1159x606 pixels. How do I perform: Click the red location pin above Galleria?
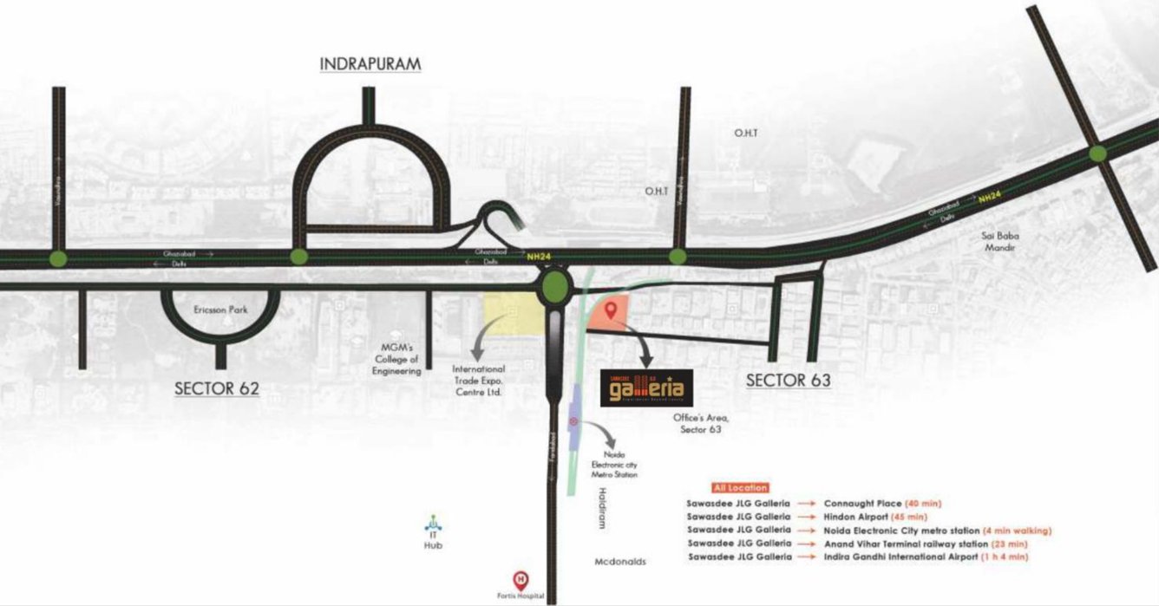[x=611, y=310]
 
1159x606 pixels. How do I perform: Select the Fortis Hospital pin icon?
[x=521, y=578]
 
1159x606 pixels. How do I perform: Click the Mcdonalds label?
[x=620, y=562]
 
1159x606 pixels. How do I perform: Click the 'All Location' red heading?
[x=739, y=488]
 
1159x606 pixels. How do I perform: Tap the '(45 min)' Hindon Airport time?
[x=915, y=516]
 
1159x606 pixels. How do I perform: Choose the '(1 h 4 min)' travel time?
[x=1005, y=557]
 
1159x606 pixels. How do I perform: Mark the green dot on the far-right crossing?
[x=1097, y=154]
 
